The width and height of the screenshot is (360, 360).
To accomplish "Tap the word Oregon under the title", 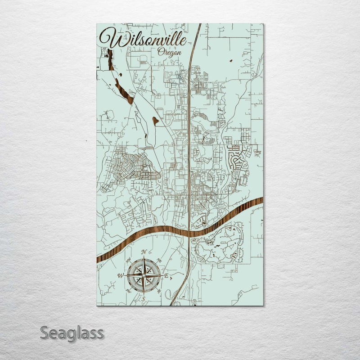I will click(170, 52).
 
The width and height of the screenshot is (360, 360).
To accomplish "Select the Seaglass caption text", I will click(72, 333).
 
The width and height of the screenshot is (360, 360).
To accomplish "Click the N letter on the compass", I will click(144, 252).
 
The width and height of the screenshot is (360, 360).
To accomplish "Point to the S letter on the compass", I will click(144, 298).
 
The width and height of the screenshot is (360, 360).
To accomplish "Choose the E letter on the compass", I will click(166, 275).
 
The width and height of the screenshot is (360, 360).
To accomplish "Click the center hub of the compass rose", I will click(144, 274).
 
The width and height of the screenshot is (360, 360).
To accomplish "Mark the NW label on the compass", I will click(128, 259).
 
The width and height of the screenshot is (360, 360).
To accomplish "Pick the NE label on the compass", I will click(160, 259).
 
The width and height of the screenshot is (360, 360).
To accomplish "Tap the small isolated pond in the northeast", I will click(230, 61).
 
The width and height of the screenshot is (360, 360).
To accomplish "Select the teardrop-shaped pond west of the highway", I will click(155, 121).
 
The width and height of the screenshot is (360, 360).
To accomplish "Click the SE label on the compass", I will click(160, 291).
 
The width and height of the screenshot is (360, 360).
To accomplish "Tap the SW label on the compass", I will click(128, 291).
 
